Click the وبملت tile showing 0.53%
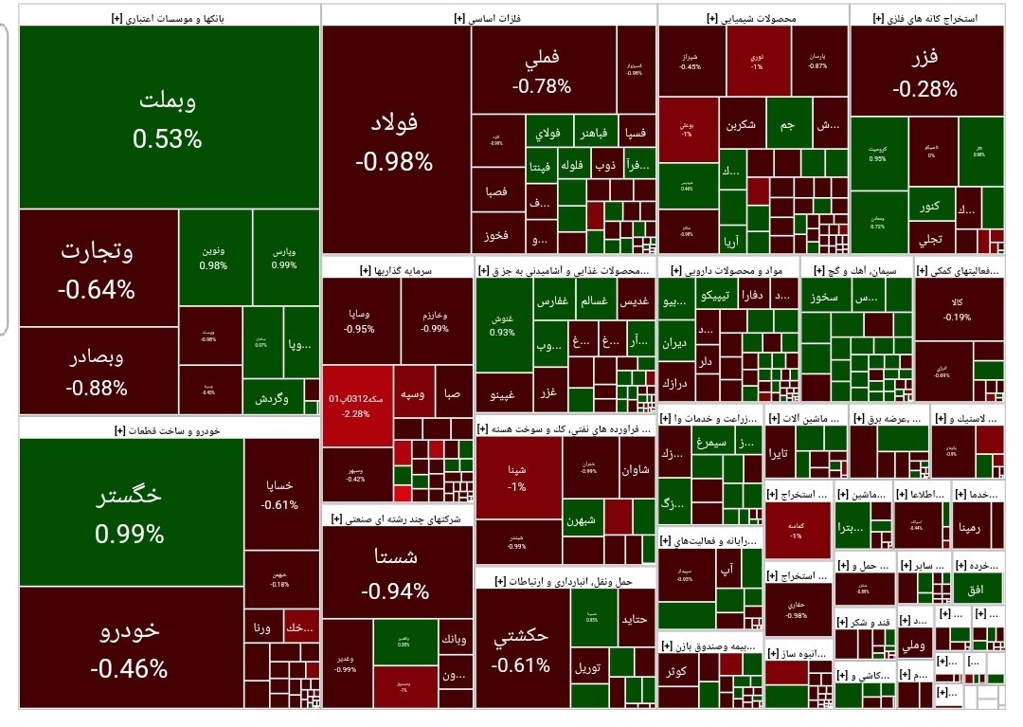168,118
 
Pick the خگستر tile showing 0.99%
130,512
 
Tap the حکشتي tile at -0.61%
521,649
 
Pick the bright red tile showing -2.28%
358,405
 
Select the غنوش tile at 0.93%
502,326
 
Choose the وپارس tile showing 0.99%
285,258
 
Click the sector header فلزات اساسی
489,17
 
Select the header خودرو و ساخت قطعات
167,429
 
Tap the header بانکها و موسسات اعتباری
169,17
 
